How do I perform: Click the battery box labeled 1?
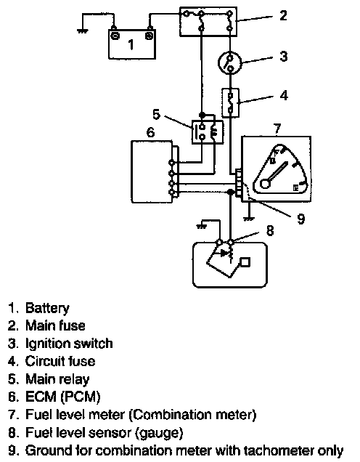pyautogui.click(x=132, y=44)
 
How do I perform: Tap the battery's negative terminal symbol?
pyautogui.click(x=115, y=36)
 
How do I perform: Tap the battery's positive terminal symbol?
pyautogui.click(x=150, y=36)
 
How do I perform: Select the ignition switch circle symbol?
pyautogui.click(x=230, y=62)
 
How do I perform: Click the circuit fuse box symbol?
pyautogui.click(x=230, y=103)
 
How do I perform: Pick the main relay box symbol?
pyautogui.click(x=208, y=132)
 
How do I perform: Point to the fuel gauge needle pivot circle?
pyautogui.click(x=265, y=184)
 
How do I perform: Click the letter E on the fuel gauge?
pyautogui.click(x=296, y=187)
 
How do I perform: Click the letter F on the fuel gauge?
pyautogui.click(x=276, y=153)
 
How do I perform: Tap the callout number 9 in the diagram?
pyautogui.click(x=300, y=219)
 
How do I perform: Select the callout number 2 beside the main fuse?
pyautogui.click(x=283, y=15)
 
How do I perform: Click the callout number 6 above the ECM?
pyautogui.click(x=150, y=132)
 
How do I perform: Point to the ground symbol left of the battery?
pyautogui.click(x=83, y=31)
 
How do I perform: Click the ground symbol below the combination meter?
pyautogui.click(x=249, y=219)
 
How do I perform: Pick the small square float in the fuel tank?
pyautogui.click(x=245, y=262)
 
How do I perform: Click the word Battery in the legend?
pyautogui.click(x=47, y=309)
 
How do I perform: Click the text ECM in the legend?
pyautogui.click(x=41, y=397)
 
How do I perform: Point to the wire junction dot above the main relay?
pyautogui.click(x=202, y=114)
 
